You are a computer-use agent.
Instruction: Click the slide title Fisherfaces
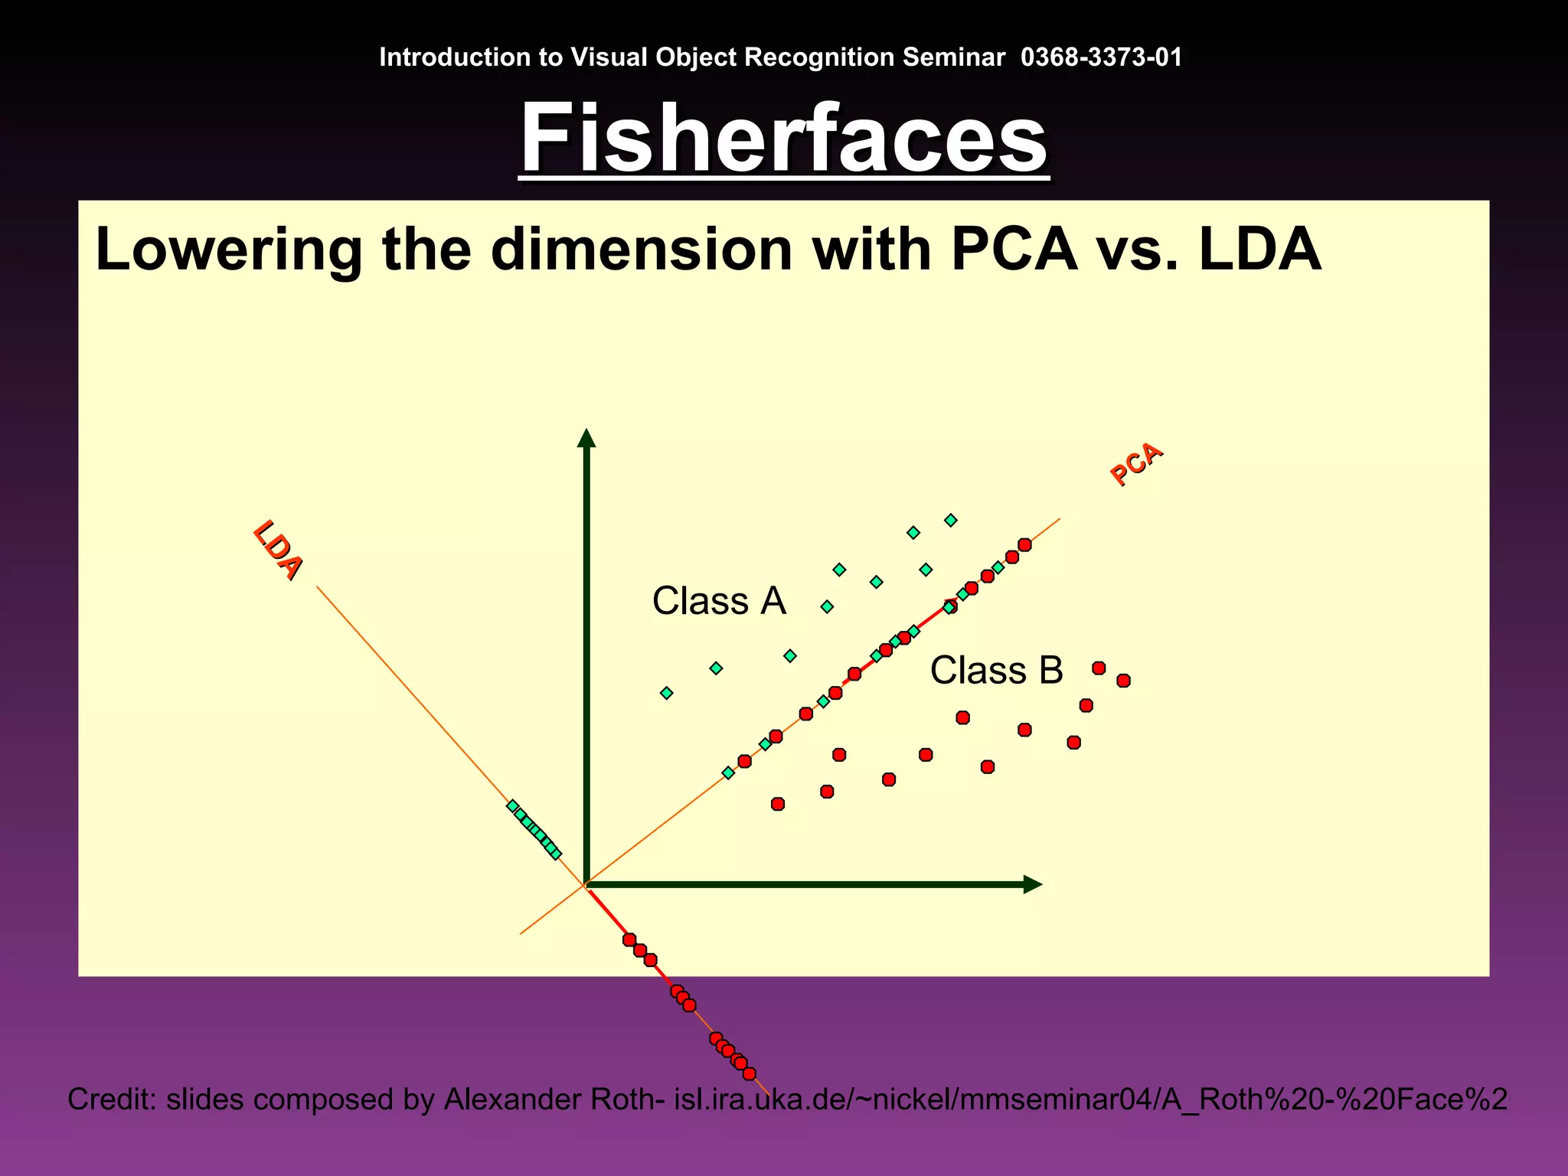[x=783, y=139]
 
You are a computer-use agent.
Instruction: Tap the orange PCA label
[x=1137, y=464]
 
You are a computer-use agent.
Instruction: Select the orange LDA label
[x=278, y=550]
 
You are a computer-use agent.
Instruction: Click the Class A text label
[x=719, y=601]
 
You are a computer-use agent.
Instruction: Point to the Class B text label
[x=996, y=671]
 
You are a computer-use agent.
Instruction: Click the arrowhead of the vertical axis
[x=586, y=438]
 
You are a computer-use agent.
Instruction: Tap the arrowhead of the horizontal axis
[x=1033, y=884]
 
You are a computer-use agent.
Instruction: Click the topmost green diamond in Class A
[x=951, y=521]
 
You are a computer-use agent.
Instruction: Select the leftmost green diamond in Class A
[x=667, y=693]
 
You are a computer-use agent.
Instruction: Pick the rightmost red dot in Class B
[x=1123, y=681]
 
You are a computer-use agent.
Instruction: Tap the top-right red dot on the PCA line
[x=1024, y=545]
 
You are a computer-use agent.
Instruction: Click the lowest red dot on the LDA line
[x=750, y=1073]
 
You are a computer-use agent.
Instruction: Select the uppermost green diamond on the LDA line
[x=513, y=806]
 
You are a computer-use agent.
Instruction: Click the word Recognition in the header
[x=819, y=57]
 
